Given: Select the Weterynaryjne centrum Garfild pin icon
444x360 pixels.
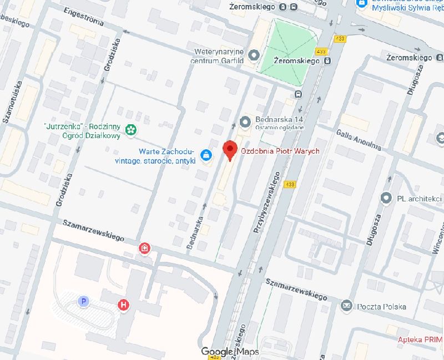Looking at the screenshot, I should (255, 55).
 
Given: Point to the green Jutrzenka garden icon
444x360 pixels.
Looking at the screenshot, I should (131, 130).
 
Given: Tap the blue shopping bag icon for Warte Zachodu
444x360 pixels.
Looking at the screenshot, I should (206, 155).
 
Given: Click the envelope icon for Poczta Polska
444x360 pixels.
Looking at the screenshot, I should (346, 306).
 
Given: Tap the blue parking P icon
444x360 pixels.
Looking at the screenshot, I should (83, 301).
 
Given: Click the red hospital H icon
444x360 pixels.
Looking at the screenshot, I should (123, 304).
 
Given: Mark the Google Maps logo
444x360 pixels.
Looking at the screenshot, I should (230, 351).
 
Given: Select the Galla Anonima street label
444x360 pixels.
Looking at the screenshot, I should (359, 139).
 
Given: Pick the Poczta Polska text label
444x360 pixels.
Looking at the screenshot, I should (381, 306).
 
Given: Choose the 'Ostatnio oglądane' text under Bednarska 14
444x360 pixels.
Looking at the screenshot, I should (280, 128).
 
